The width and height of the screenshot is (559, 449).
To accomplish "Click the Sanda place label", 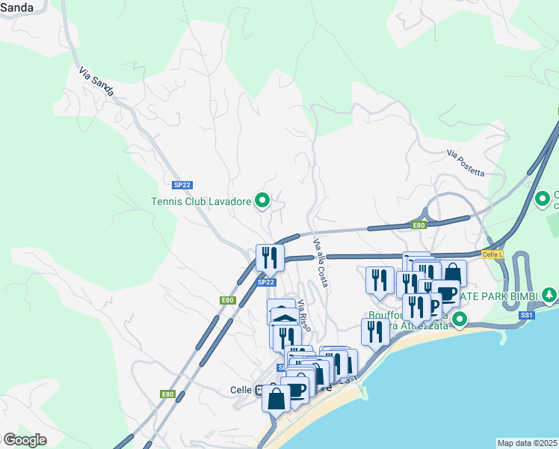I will pyautogui.click(x=16, y=7).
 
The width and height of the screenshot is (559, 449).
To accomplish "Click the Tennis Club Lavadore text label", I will pyautogui.click(x=201, y=201).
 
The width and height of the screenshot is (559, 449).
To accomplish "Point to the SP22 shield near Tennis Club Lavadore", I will pyautogui.click(x=182, y=184).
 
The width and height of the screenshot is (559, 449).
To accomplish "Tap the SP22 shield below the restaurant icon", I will pyautogui.click(x=266, y=282).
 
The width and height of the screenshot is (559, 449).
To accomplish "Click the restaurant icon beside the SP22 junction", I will pyautogui.click(x=270, y=257).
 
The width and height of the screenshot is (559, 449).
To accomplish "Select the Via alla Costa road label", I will pyautogui.click(x=321, y=262).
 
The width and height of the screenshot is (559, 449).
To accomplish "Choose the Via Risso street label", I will pyautogui.click(x=303, y=316).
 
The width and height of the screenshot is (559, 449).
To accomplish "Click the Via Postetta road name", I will pyautogui.click(x=466, y=162).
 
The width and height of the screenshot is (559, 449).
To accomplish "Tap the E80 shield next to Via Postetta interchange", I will pyautogui.click(x=419, y=224).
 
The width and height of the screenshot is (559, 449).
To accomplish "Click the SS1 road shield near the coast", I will pyautogui.click(x=528, y=315).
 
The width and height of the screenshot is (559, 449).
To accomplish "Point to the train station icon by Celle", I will pyautogui.click(x=259, y=390).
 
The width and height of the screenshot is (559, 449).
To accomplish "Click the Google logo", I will pyautogui.click(x=25, y=440).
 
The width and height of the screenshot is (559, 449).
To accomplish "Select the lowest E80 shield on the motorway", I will pyautogui.click(x=167, y=394).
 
